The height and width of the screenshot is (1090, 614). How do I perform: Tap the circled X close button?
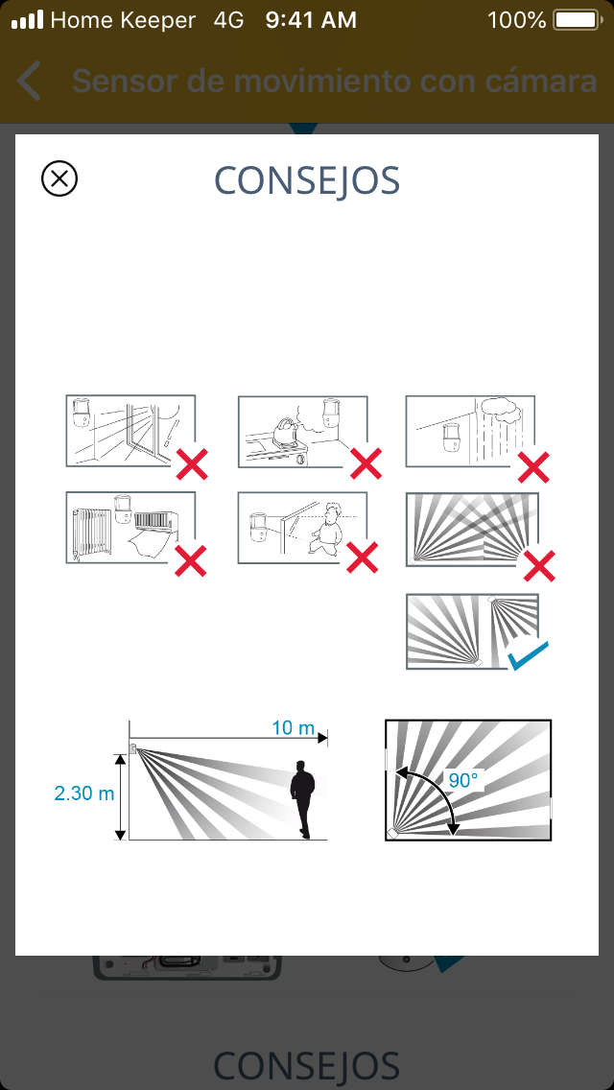click(x=59, y=178)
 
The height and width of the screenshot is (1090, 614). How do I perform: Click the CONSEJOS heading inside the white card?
click(x=307, y=180)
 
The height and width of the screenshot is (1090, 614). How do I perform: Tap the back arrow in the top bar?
click(x=29, y=81)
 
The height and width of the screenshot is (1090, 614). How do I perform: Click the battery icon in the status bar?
click(x=577, y=20)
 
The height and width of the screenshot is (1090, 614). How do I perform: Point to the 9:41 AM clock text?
click(x=311, y=20)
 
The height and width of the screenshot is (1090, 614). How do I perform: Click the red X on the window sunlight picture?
click(x=192, y=464)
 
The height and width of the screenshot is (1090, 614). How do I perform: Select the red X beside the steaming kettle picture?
click(x=366, y=463)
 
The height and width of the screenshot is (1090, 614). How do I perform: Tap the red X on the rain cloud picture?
click(x=534, y=467)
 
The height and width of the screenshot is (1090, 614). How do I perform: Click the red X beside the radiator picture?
click(x=191, y=560)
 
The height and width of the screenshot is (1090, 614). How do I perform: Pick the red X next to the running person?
click(x=363, y=557)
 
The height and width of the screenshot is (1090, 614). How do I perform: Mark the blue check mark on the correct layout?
click(x=528, y=655)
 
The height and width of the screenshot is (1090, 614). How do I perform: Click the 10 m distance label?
click(x=293, y=728)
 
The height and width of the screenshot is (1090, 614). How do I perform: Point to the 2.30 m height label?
click(x=84, y=794)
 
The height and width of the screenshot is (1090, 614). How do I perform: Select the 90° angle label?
click(x=463, y=780)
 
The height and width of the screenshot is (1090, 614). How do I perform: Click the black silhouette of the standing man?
click(x=302, y=799)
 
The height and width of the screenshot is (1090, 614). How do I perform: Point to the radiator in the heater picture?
click(x=92, y=532)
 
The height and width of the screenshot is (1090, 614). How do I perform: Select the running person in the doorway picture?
click(x=326, y=529)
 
